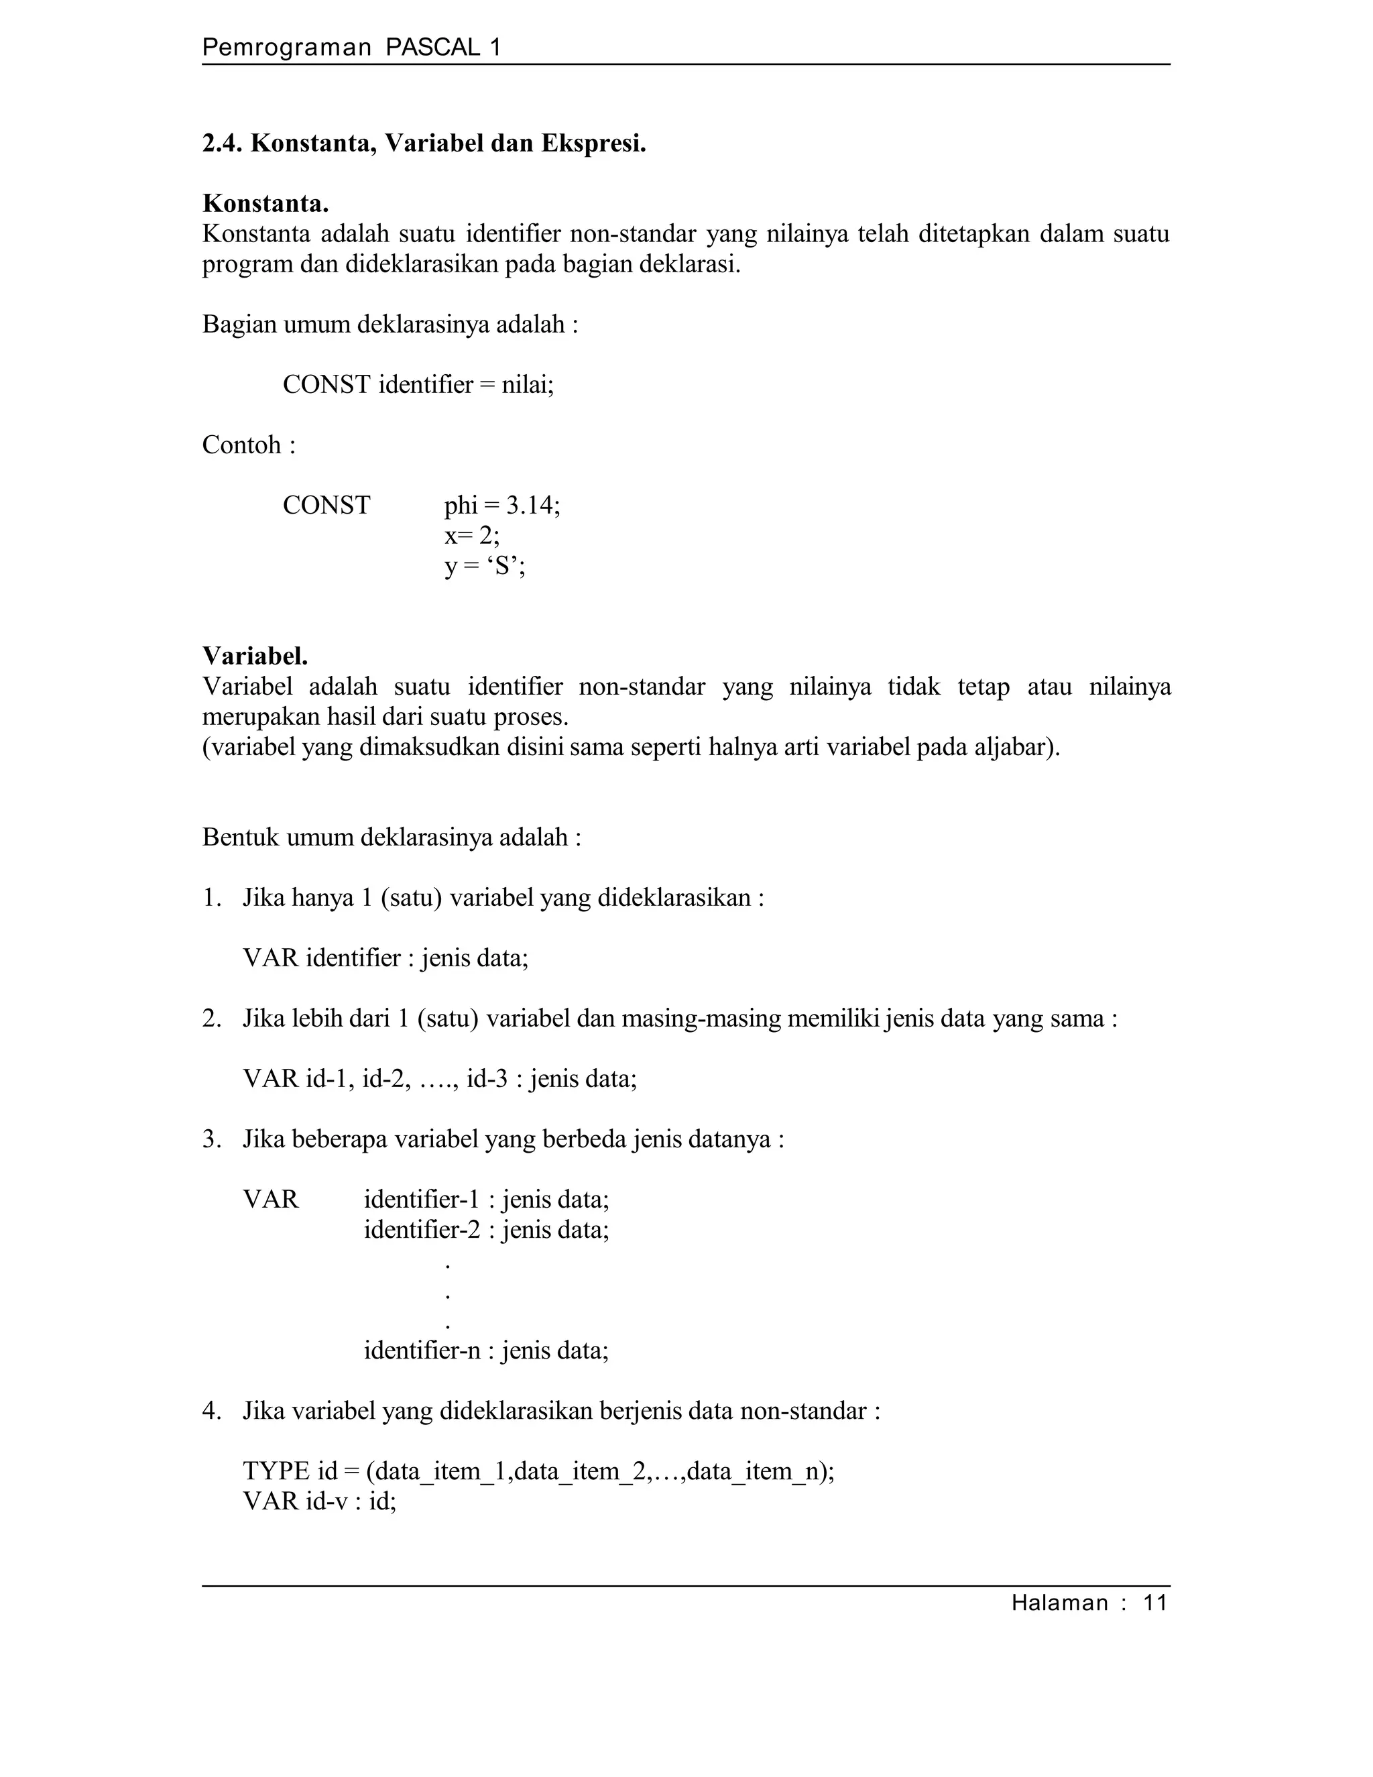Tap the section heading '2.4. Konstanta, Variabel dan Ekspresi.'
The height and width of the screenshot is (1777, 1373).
pos(424,144)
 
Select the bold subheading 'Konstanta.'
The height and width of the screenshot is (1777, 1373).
pos(265,203)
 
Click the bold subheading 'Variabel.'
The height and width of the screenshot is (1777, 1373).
pos(255,656)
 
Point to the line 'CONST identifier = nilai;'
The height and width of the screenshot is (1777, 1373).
pos(418,384)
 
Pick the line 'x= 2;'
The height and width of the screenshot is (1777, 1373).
pos(472,535)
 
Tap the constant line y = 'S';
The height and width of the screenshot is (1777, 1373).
pos(485,565)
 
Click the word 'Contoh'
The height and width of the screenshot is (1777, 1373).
pos(241,445)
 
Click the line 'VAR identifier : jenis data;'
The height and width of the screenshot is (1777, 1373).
pos(385,958)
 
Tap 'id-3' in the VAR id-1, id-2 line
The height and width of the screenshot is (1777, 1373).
pos(487,1079)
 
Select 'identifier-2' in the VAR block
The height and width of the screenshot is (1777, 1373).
pos(422,1229)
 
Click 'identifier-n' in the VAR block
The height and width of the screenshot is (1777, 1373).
pos(422,1351)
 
